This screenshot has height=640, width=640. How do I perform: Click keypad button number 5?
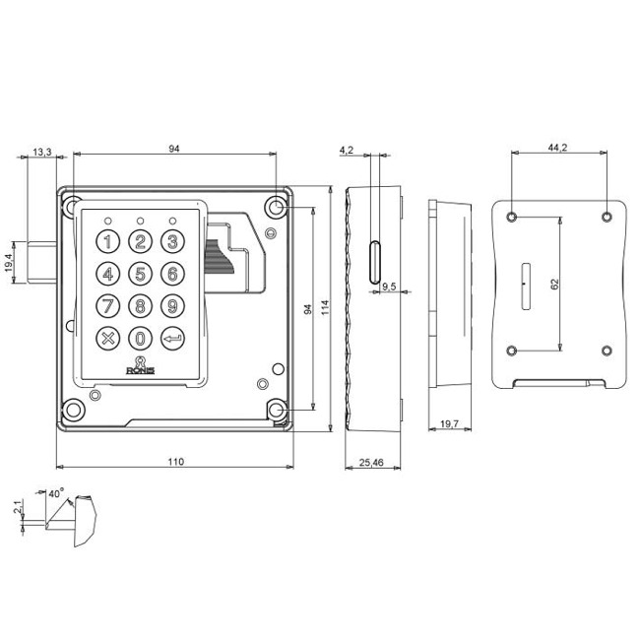(x=141, y=274)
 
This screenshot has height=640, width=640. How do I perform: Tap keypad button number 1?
(x=109, y=242)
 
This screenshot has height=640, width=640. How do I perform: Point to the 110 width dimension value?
(x=175, y=460)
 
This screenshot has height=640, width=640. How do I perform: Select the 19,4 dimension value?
(x=9, y=263)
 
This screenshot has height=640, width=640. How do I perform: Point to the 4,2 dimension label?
(x=346, y=150)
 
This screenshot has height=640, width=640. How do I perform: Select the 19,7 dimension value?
(x=448, y=423)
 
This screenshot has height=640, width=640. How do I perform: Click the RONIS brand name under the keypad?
(x=142, y=370)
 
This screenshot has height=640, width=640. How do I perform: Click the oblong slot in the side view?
(x=373, y=264)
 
